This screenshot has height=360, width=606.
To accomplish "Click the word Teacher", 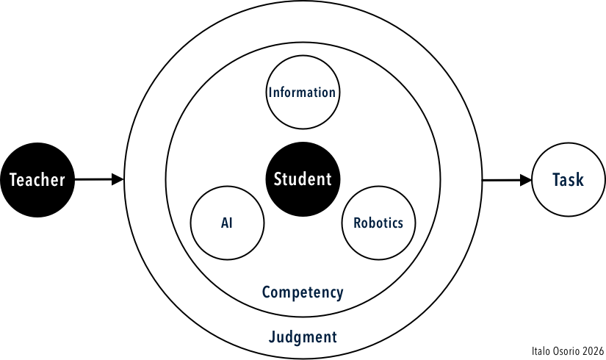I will (37, 180).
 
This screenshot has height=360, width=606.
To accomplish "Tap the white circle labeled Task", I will (568, 179).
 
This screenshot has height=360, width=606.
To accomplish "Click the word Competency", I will (303, 292).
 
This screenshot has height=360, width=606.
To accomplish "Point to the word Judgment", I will (303, 337).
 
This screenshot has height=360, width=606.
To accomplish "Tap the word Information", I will (302, 93).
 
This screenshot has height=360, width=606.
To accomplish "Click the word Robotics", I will (378, 223).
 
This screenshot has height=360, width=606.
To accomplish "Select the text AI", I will (226, 223).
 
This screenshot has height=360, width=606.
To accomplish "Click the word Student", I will (303, 179).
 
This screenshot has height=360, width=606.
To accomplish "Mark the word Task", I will (568, 179).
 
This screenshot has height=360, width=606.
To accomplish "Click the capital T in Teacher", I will (13, 180).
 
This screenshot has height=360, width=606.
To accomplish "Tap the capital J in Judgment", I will (272, 337).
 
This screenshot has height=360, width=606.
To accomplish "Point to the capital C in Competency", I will (267, 292).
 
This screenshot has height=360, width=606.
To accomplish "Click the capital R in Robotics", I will (357, 223).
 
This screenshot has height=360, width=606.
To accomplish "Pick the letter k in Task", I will (580, 179).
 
